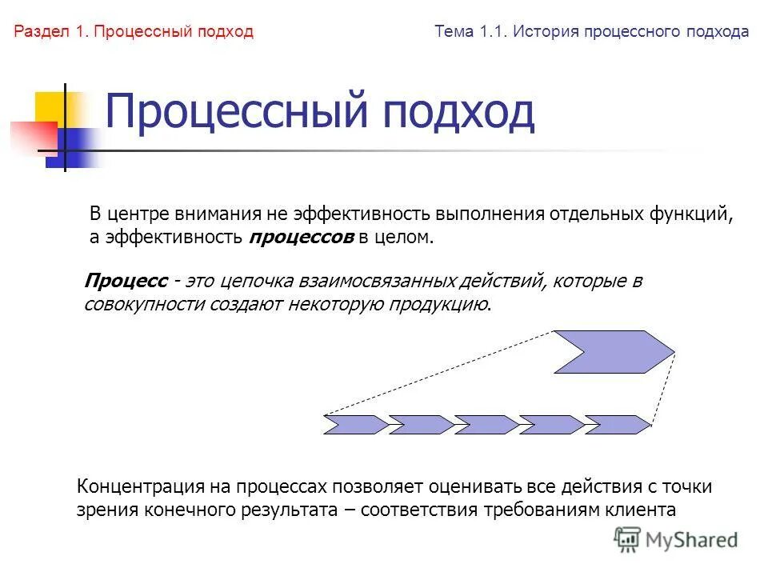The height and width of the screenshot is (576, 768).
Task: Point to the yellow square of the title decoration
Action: [50, 107]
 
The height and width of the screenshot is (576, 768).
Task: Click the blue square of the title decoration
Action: [67, 147]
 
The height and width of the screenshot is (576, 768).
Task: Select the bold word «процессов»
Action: [302, 238]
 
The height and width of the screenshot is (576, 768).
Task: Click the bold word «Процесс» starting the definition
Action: [126, 282]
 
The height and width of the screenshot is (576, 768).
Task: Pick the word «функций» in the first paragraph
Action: [698, 214]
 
